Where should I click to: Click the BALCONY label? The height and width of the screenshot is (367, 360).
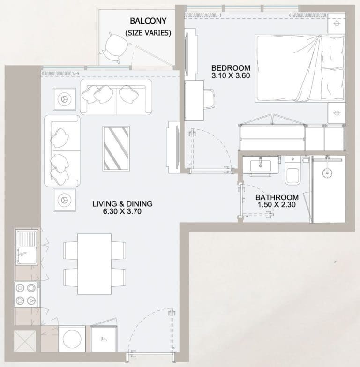click(x=147, y=21)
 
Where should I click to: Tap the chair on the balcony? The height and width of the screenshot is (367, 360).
click(x=114, y=46)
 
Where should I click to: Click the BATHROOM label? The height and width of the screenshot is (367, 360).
click(x=277, y=197)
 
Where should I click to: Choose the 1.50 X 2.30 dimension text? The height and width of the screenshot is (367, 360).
click(x=277, y=205)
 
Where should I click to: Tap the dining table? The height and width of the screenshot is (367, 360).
click(x=94, y=262)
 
